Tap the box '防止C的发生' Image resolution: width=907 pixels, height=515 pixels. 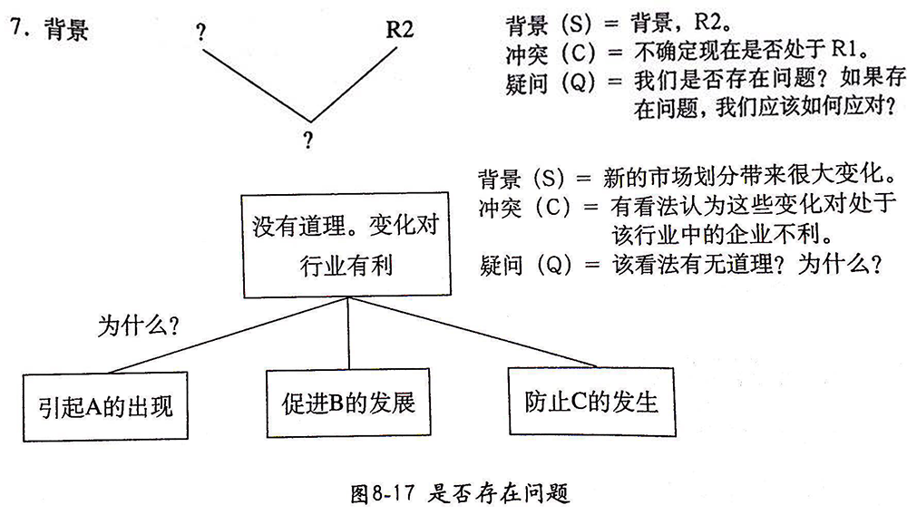pyautogui.click(x=590, y=400)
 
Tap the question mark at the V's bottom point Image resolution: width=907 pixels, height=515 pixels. pyautogui.click(x=309, y=140)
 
